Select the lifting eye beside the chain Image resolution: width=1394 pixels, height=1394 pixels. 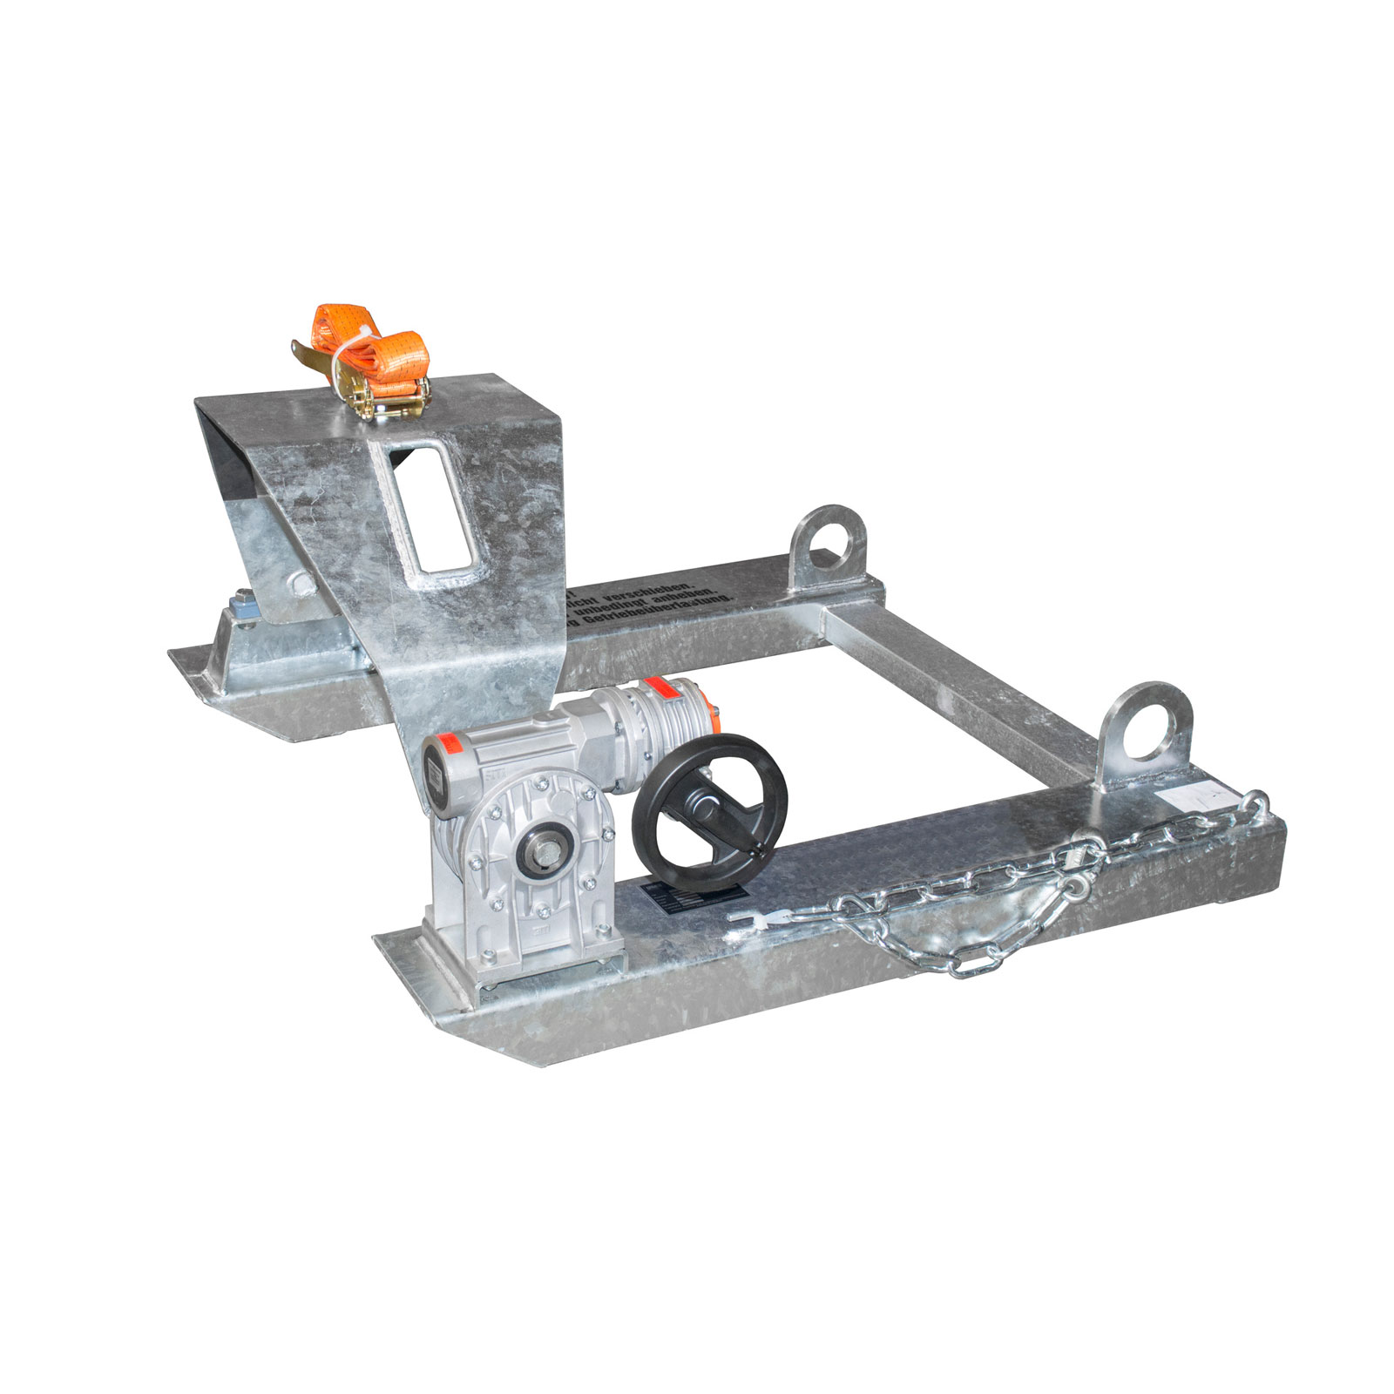[x=1144, y=728]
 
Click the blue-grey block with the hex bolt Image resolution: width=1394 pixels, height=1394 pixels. [x=242, y=605]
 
